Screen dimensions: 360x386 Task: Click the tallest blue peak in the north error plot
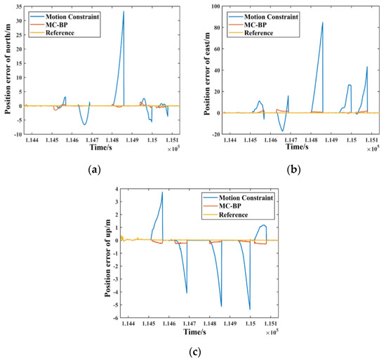pyautogui.click(x=124, y=12)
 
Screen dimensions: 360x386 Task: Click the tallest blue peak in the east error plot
pyautogui.click(x=323, y=22)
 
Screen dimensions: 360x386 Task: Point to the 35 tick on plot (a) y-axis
pyautogui.click(x=20, y=6)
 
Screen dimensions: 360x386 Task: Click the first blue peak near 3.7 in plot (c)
pyautogui.click(x=162, y=193)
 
